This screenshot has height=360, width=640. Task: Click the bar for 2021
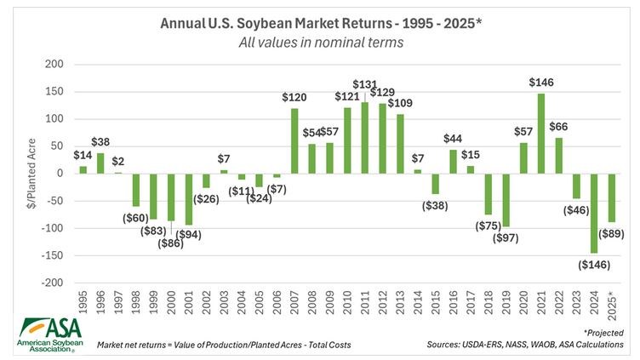pyautogui.click(x=541, y=134)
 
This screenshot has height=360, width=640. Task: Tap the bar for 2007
pyautogui.click(x=294, y=140)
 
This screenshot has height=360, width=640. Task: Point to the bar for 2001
pyautogui.click(x=189, y=199)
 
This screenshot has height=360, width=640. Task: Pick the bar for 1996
pyautogui.click(x=100, y=163)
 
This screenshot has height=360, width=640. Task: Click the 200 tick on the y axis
pyautogui.click(x=54, y=65)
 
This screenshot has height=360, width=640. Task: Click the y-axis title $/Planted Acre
pyautogui.click(x=28, y=174)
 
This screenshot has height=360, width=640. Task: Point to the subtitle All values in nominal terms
pyautogui.click(x=319, y=41)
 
